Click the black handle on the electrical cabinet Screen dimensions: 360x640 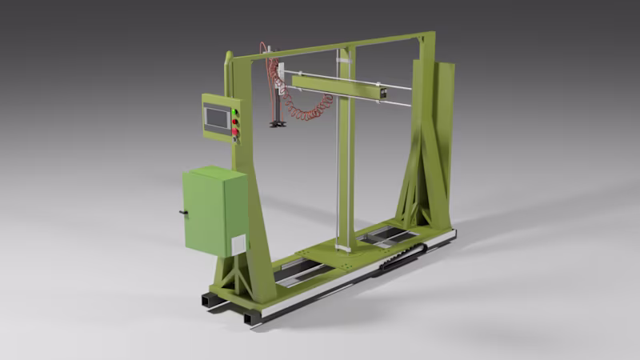183,213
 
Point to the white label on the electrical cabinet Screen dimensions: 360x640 238,244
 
